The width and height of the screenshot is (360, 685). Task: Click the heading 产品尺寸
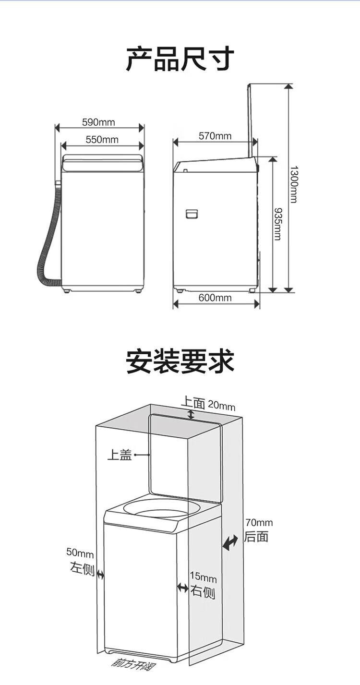click(180, 59)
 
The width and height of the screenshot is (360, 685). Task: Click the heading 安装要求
click(180, 361)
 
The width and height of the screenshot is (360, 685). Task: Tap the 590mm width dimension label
click(98, 122)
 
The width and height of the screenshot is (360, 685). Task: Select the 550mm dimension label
click(102, 140)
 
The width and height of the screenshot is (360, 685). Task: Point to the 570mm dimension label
click(215, 136)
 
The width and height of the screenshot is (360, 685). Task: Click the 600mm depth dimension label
click(215, 298)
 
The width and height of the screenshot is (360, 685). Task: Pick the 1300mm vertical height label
click(293, 184)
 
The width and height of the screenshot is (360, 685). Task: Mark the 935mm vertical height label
click(277, 223)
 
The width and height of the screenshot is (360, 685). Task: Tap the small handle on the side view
click(192, 213)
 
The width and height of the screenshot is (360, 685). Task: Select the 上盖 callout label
click(119, 454)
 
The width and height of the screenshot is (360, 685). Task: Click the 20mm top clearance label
click(221, 406)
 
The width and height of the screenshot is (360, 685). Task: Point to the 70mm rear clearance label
click(259, 522)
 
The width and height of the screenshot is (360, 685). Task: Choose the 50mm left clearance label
click(80, 553)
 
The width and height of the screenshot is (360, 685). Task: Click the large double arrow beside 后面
click(230, 543)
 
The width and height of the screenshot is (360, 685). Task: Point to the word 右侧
click(203, 592)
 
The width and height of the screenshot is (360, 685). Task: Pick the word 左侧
click(82, 569)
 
